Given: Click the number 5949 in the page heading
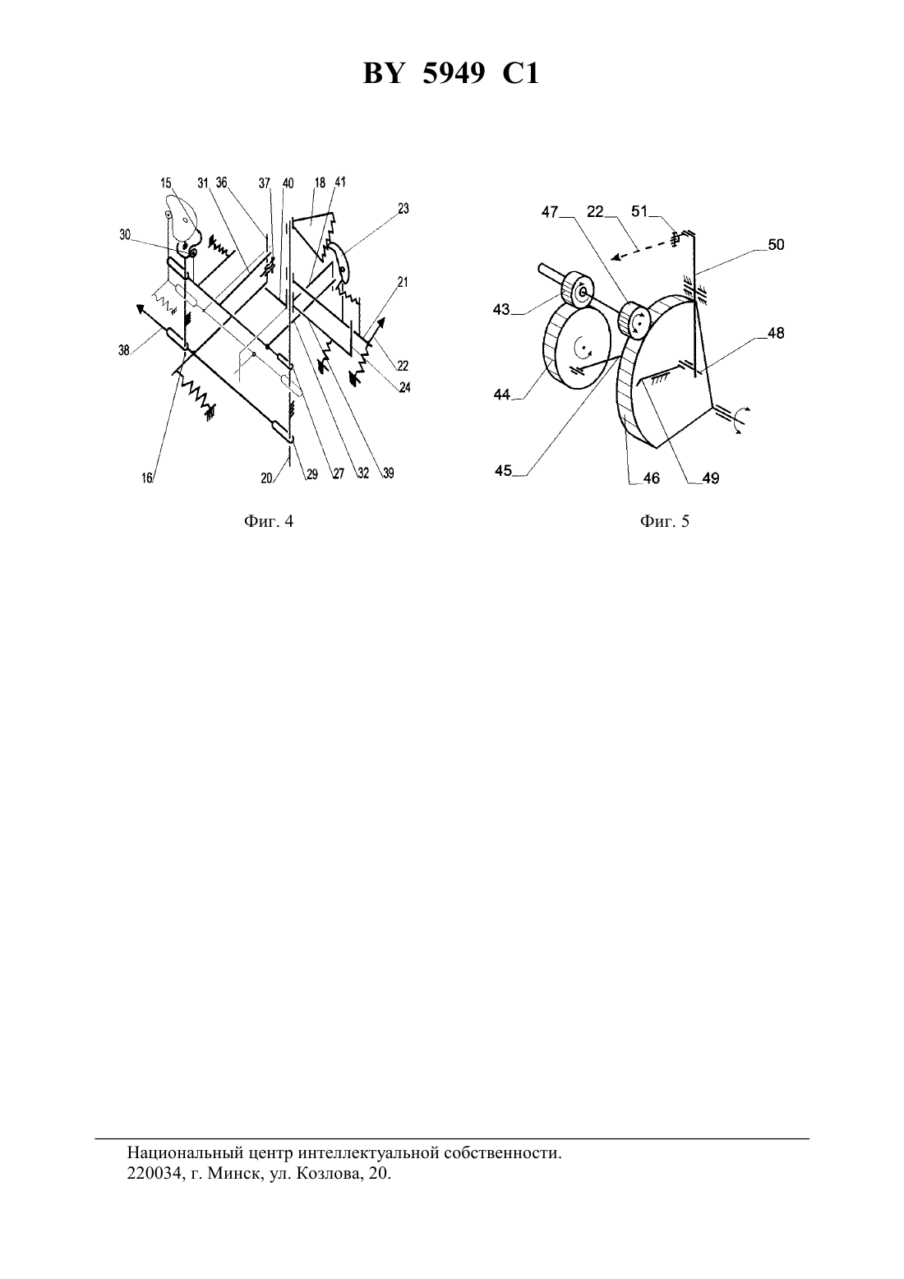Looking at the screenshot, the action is coord(454,74).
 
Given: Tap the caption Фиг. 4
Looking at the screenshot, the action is coord(268,521).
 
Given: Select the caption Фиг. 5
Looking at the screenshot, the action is coord(665,521).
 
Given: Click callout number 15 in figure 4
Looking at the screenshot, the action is coord(165,183).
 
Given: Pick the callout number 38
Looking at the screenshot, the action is coord(124,351).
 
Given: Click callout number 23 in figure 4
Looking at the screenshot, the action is coord(404,209).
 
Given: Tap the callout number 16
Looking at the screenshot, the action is coord(147,478).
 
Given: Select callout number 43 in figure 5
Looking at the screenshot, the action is coord(501,310).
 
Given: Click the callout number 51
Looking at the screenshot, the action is coord(639,211).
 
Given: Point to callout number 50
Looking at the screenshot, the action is coord(776,244).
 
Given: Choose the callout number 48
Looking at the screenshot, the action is coord(776,333).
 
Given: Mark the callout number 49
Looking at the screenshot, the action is coord(711,478).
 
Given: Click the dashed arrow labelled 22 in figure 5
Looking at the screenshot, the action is coord(641,249).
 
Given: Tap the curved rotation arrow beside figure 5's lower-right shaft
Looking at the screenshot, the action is coord(742,421).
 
